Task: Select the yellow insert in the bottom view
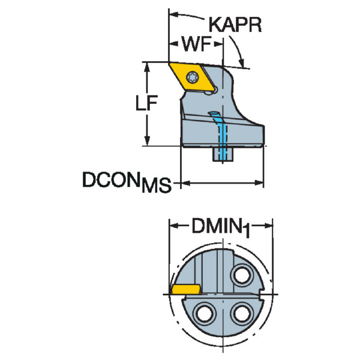pos(185,289)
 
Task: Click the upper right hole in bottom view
pos(243,276)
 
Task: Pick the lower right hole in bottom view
pos(242,313)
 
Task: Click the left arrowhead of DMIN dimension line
pos(175,227)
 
